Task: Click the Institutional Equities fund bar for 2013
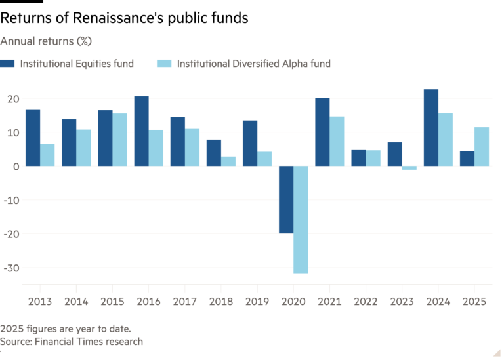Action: click(32, 138)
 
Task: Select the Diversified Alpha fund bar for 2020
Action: click(301, 220)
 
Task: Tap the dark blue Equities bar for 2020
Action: click(285, 199)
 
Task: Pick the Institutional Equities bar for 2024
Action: click(430, 127)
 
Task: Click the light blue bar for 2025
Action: click(482, 146)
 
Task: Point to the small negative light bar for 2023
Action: click(409, 169)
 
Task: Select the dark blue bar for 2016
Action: click(141, 131)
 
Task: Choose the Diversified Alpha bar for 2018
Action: click(228, 161)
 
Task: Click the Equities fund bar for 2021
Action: click(322, 132)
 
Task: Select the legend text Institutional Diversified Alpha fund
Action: click(253, 64)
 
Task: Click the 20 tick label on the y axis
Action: click(11, 99)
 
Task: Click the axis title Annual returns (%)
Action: click(46, 41)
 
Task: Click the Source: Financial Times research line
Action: click(72, 342)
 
